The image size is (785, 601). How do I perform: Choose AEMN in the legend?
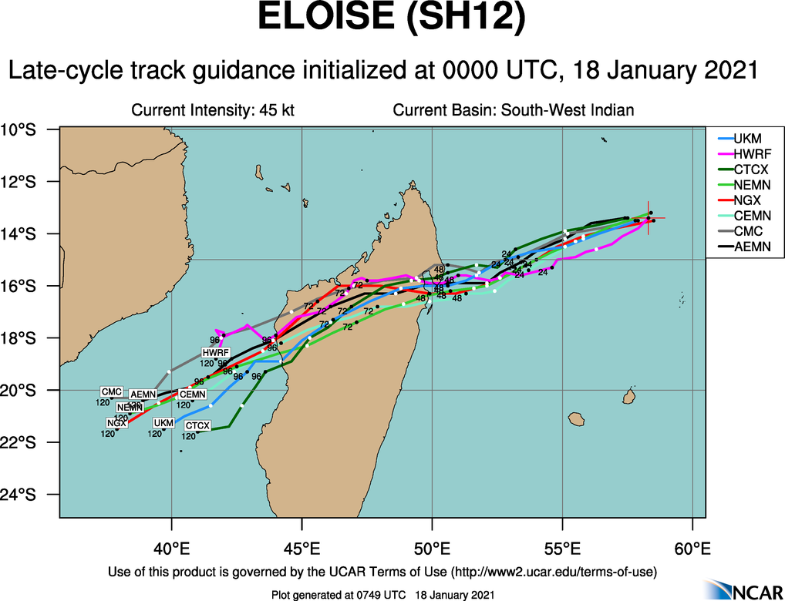coord(751,247)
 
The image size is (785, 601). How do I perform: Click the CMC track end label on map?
coord(112,391)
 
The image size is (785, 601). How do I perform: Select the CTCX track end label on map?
coord(198,425)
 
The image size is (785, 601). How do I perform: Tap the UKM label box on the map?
coord(163,423)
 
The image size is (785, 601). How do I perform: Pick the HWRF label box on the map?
coord(217,353)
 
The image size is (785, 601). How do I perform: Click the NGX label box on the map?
coord(117,423)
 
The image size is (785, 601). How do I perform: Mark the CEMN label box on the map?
coord(193,395)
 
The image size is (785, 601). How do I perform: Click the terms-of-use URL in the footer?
coord(554,572)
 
